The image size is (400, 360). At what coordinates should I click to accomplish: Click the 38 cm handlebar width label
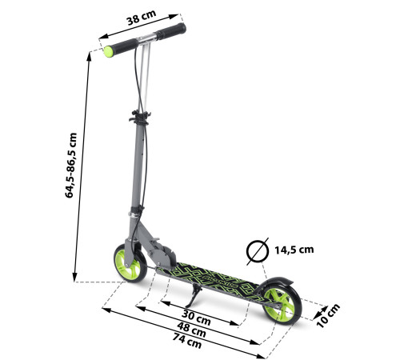[x=142, y=18]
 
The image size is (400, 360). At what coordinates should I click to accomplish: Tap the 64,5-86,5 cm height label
[x=71, y=166]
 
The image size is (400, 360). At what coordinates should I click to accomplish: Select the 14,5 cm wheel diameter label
[x=294, y=250]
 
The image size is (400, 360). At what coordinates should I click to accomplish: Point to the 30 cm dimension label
[x=196, y=318]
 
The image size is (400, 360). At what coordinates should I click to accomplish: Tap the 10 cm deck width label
[x=328, y=316]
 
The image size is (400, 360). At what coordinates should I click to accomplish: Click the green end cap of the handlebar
[x=108, y=52]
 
